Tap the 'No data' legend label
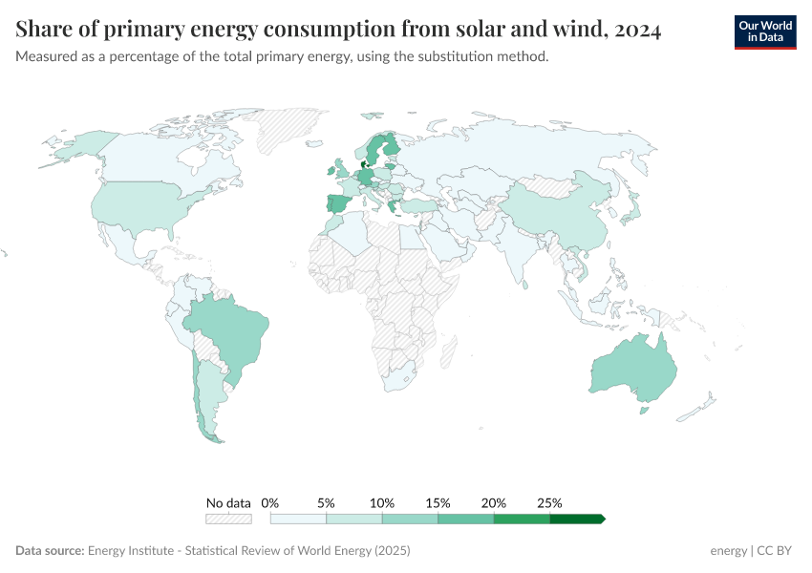(228, 502)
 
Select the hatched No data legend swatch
(228, 519)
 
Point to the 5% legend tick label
(326, 502)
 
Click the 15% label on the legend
(438, 502)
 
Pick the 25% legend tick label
(549, 502)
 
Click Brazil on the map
(233, 330)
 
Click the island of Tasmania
(644, 410)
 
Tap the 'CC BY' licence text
(776, 551)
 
